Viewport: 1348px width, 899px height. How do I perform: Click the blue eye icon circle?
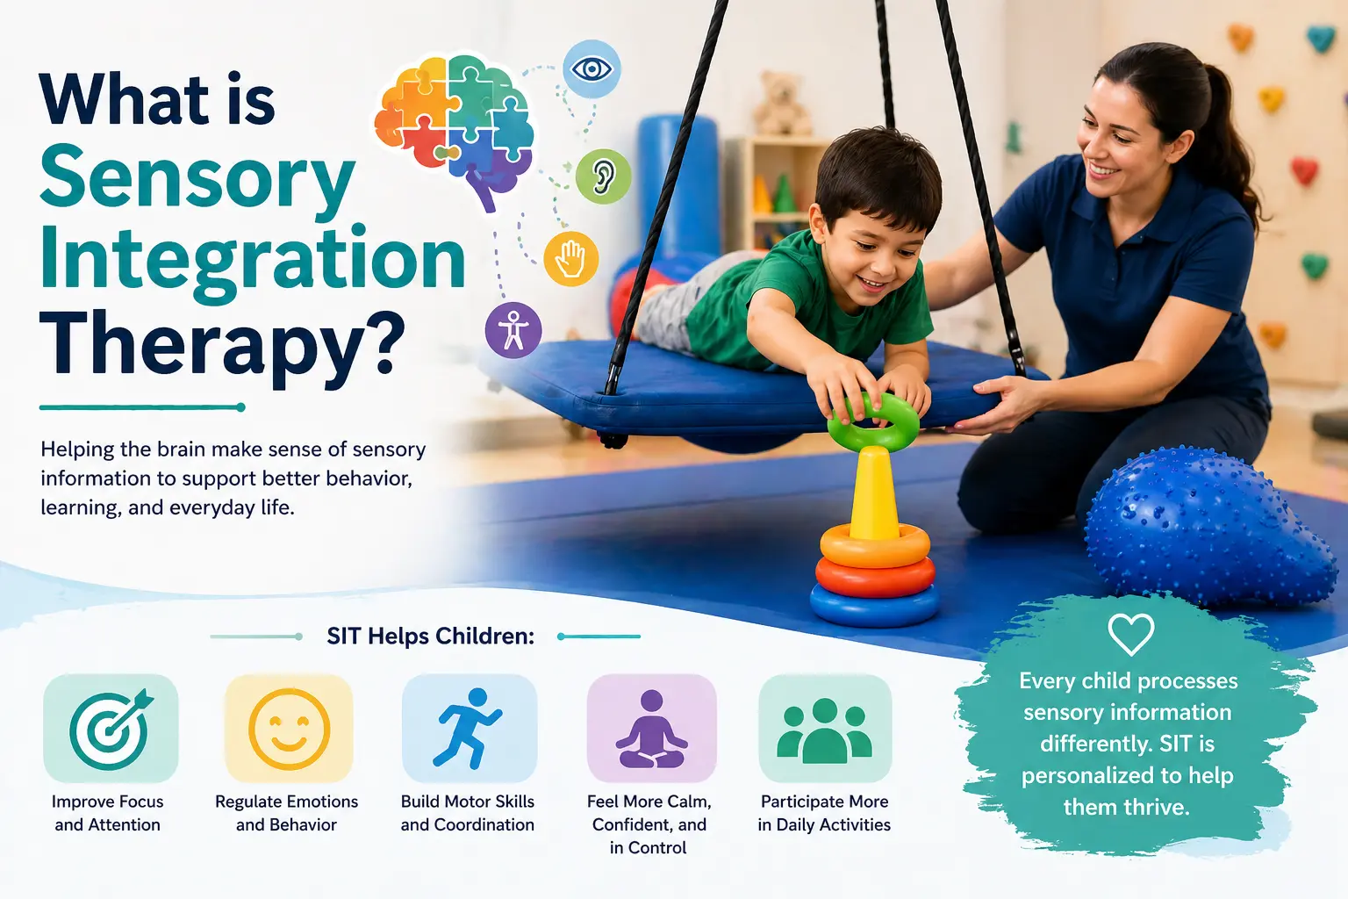pos(592,69)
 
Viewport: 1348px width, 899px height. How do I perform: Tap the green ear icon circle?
pos(603,176)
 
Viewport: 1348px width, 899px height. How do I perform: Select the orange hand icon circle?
pos(570,258)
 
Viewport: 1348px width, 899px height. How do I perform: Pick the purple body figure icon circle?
pos(513,330)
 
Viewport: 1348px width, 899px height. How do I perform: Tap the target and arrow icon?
pos(111,728)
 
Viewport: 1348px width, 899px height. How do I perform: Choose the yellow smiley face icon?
pos(290,729)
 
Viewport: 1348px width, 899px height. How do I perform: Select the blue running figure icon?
pos(468,728)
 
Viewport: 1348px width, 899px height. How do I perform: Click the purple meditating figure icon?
pos(651,729)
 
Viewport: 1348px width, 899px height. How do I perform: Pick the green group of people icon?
pos(824,730)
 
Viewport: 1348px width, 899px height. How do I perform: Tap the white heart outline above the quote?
pos(1130,634)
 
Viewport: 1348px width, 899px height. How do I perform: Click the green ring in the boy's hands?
pos(873,422)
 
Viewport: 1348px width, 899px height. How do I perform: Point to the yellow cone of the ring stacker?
pos(873,493)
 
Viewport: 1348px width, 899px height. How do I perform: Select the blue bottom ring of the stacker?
pos(874,605)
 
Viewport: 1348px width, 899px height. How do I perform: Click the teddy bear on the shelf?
pos(780,104)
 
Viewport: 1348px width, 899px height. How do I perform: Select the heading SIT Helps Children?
pos(430,636)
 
